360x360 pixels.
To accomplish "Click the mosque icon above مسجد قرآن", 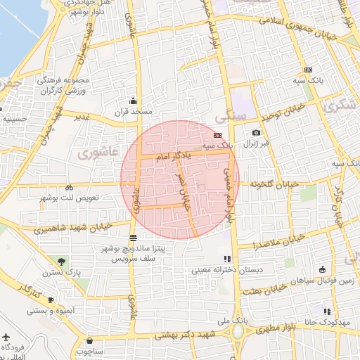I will point(133,101).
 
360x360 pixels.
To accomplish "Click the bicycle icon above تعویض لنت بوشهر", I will point(69,188).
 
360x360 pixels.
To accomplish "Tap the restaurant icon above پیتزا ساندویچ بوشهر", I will point(134,237).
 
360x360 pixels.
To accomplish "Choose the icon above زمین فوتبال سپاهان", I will point(322,269).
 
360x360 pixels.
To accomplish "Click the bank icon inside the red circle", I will point(217,134).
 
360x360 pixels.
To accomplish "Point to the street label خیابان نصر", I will point(186,195).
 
